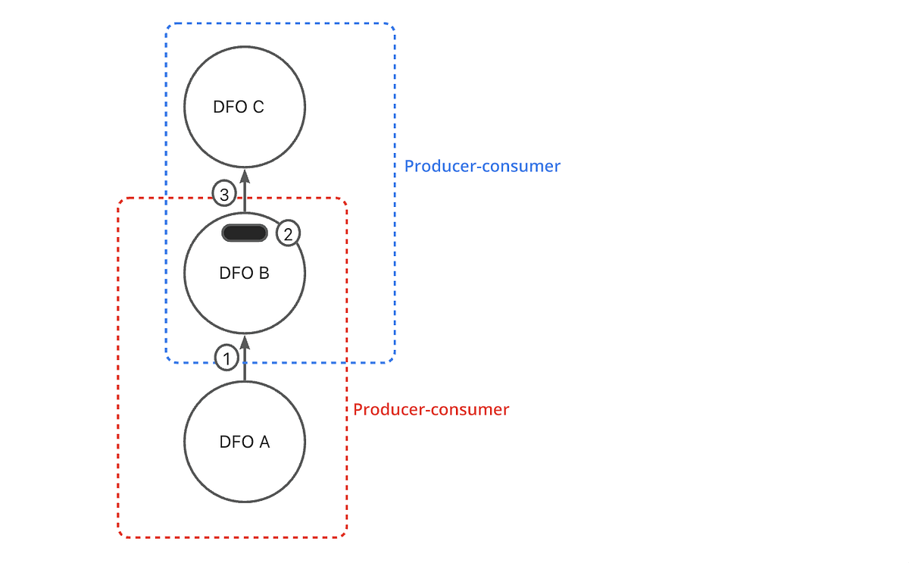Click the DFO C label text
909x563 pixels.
coord(239,107)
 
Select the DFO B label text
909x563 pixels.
coord(244,274)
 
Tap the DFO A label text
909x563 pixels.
coord(244,442)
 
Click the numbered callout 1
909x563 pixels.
coord(226,357)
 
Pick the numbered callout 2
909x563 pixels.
coord(288,234)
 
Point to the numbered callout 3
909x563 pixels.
coord(223,194)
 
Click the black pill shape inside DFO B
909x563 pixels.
coord(244,233)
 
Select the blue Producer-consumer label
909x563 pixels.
coord(482,166)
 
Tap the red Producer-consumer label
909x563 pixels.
coord(431,409)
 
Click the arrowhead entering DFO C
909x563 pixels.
coord(244,176)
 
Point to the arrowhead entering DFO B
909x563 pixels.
coord(244,342)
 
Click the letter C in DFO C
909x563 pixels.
coord(258,107)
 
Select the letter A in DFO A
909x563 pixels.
coord(264,442)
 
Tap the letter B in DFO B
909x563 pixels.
coord(264,274)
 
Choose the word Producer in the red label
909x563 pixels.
coord(386,409)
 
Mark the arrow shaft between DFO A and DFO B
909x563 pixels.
coord(244,368)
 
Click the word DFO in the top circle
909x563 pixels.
coord(229,107)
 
